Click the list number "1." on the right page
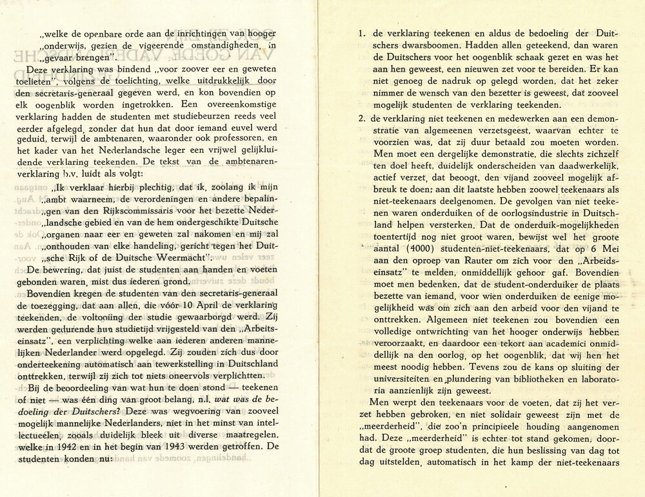(x=362, y=32)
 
